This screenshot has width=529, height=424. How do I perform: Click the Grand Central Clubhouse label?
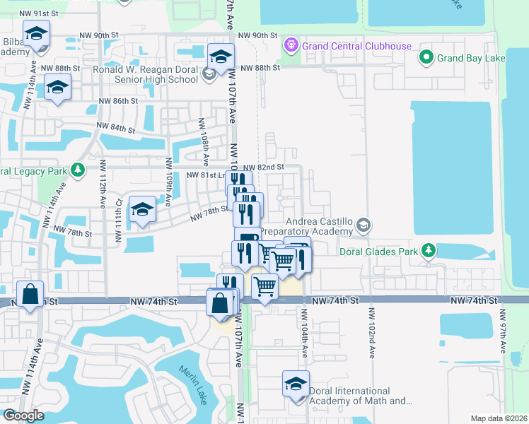[x=356, y=46]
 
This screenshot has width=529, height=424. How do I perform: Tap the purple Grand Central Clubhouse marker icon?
[x=290, y=46]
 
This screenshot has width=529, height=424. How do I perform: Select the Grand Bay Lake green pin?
[x=426, y=57]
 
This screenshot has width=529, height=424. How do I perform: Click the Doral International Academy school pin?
[x=296, y=385]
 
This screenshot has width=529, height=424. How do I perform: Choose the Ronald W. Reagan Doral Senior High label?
[x=146, y=74]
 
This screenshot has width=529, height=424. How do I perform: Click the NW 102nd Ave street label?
[x=370, y=329]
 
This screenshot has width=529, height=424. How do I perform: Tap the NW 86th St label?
[x=118, y=101]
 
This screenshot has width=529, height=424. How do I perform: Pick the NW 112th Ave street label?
[x=103, y=192]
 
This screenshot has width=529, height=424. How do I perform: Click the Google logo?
[x=23, y=416]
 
